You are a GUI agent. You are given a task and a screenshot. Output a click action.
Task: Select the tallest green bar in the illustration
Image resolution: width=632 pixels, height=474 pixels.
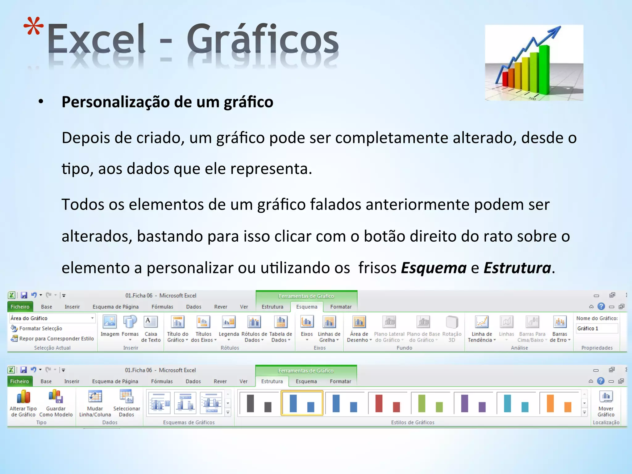point(544,69)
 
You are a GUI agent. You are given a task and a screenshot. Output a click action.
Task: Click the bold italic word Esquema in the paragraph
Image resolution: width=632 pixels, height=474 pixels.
point(434,268)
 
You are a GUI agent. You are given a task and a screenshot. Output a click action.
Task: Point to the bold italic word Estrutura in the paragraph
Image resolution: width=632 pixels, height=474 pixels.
point(517,268)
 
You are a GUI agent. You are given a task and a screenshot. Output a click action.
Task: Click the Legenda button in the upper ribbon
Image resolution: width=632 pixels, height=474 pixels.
point(229,322)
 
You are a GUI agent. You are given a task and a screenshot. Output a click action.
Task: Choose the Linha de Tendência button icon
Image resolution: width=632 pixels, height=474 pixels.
point(482,322)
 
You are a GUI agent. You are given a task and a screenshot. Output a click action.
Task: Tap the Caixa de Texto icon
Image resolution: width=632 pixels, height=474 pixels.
point(151,322)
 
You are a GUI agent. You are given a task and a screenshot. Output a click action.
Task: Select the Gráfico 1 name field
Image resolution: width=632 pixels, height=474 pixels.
point(597,328)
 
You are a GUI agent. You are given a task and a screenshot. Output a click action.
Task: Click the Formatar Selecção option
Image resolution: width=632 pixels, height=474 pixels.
point(40,328)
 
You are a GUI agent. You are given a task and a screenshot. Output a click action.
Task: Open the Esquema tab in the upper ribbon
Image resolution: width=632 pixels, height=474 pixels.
point(307,307)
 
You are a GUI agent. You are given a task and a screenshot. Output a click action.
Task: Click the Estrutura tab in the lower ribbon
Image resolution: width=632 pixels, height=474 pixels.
point(272,381)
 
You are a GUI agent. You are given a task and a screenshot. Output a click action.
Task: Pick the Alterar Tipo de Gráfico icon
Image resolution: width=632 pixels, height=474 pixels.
point(23,397)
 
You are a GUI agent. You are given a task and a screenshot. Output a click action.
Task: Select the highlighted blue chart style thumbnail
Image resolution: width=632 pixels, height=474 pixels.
point(302,403)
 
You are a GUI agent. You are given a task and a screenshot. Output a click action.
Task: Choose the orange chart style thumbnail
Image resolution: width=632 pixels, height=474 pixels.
point(559,403)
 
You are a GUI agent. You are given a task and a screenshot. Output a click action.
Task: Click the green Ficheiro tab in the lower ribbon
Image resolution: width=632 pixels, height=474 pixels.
point(19,381)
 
